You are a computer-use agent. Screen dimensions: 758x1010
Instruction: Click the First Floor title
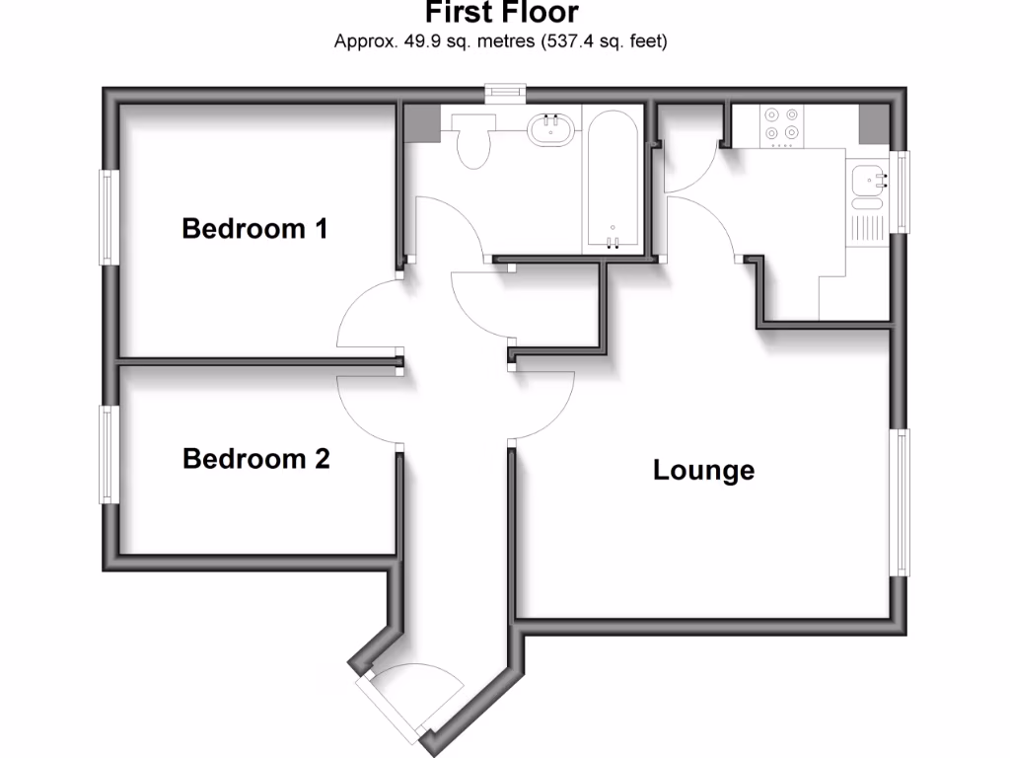(502, 14)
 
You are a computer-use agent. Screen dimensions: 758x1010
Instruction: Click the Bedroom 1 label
(254, 229)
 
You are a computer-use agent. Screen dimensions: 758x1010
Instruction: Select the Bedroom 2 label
(256, 459)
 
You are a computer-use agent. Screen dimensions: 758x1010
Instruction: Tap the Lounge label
(703, 471)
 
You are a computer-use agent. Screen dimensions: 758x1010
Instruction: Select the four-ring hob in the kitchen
(782, 124)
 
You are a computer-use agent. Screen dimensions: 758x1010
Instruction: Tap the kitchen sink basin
(868, 181)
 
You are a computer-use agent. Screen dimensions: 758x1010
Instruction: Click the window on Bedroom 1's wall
(108, 217)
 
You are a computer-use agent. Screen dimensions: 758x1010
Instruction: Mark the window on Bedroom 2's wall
(108, 454)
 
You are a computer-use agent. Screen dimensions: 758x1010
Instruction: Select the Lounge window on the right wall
(901, 501)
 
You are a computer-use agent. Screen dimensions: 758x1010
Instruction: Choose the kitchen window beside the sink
(899, 191)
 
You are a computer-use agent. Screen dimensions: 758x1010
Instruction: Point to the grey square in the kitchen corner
(874, 122)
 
